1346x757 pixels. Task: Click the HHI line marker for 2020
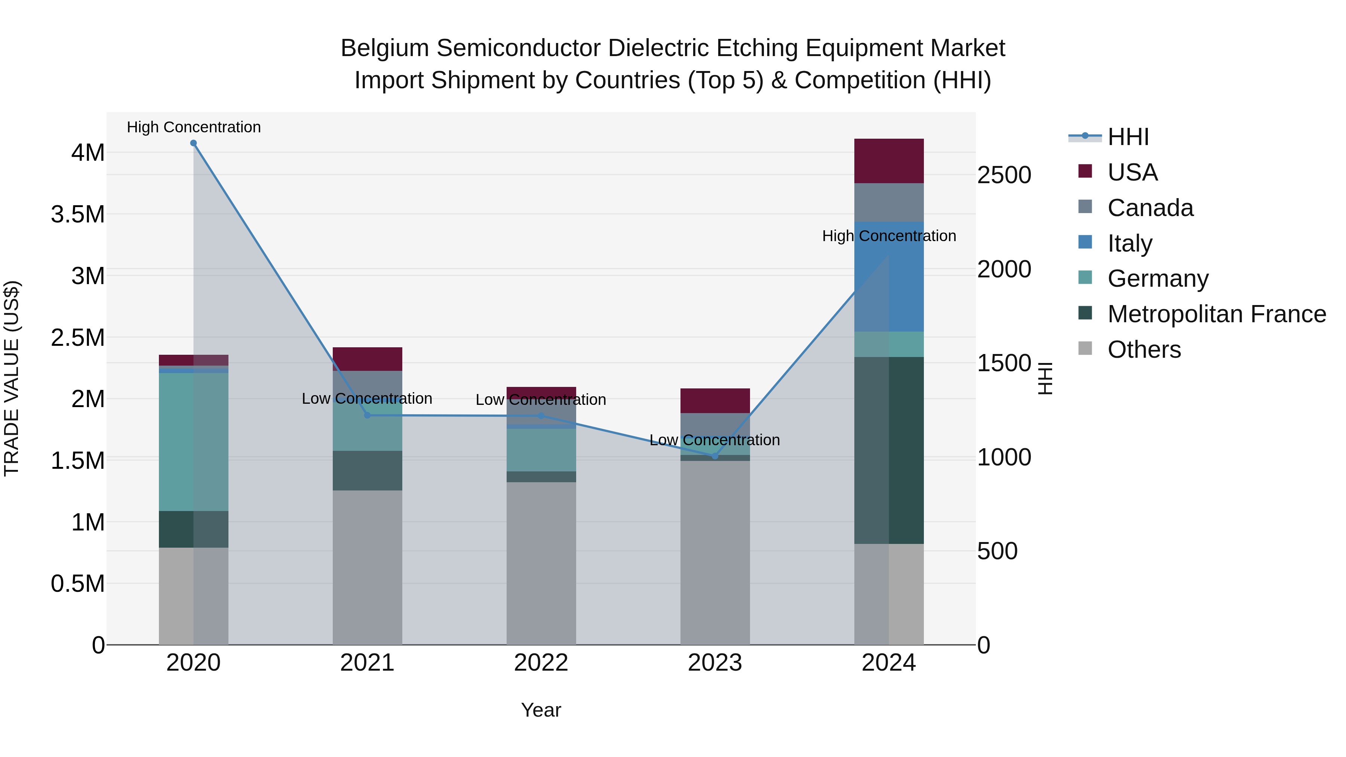coord(193,143)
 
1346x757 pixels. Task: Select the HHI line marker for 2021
coord(367,415)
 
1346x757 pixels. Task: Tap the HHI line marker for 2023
coord(715,456)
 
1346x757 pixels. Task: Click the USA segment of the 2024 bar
coord(889,161)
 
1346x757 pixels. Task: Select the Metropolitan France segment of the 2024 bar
coord(889,450)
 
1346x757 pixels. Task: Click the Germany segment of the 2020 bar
coord(193,441)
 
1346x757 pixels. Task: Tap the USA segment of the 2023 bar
coord(715,401)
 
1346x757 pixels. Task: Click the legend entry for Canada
coord(1150,208)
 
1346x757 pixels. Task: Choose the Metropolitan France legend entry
coord(1216,314)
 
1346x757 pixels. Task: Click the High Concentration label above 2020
coord(193,127)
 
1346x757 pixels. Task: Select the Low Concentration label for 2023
coord(715,440)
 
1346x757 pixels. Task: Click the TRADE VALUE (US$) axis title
coord(12,378)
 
